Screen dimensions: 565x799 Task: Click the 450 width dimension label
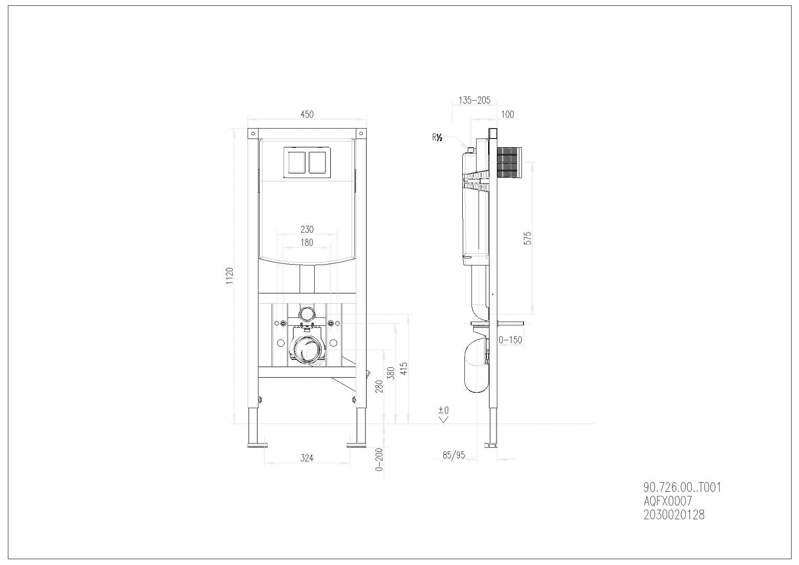(x=307, y=114)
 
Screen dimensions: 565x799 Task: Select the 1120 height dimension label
(x=229, y=276)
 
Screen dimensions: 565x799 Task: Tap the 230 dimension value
(x=307, y=229)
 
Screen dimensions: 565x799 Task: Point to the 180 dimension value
(x=307, y=243)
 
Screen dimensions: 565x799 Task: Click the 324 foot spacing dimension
(x=307, y=458)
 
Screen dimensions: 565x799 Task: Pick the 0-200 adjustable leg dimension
(x=379, y=459)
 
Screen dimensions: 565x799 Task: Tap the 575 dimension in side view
(x=528, y=238)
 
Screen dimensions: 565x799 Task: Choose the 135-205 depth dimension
(x=474, y=100)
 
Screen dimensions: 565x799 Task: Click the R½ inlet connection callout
(x=437, y=138)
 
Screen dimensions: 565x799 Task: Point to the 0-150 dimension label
(x=510, y=340)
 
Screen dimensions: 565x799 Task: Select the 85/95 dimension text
(x=454, y=455)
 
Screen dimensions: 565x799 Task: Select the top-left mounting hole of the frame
(x=252, y=133)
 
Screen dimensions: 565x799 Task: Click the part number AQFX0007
(x=667, y=501)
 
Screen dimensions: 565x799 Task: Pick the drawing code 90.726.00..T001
(x=682, y=487)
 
